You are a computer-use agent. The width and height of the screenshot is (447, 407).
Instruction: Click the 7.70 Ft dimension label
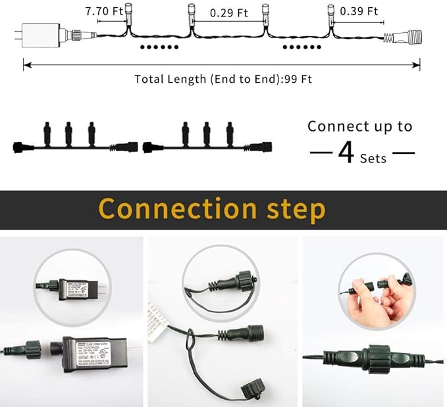(105, 11)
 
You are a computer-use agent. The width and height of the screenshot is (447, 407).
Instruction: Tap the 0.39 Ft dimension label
(359, 11)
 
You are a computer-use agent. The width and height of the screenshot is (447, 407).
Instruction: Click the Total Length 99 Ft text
(223, 79)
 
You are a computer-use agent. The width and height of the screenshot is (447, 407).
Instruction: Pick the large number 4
(346, 153)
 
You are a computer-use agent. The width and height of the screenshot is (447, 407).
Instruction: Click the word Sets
(373, 158)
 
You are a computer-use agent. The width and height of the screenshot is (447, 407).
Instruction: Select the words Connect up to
(360, 126)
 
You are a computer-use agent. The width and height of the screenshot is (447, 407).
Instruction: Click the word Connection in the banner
(178, 209)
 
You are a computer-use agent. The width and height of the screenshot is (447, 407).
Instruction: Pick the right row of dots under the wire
(301, 47)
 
